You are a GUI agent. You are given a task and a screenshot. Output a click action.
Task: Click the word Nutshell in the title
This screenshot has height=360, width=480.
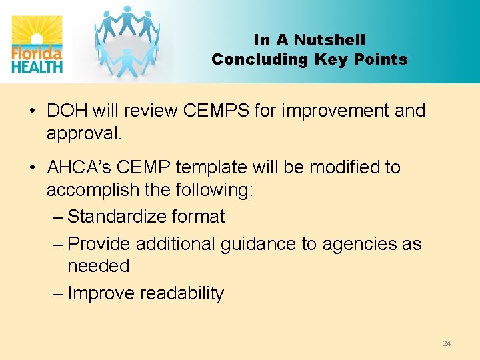tap(329, 41)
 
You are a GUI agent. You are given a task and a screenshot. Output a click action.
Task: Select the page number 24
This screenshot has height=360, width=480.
tap(447, 343)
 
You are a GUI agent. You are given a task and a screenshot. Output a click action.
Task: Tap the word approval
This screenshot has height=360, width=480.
tap(84, 133)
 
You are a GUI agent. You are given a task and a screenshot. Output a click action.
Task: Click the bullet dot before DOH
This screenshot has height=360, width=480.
tap(32, 111)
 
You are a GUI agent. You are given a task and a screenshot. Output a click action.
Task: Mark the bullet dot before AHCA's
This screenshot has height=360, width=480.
tap(32, 167)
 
